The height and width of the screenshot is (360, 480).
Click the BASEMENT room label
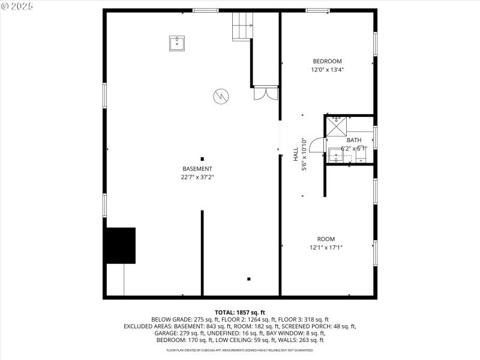pos(197,169)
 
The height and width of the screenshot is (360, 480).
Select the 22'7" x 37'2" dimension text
pos(197,177)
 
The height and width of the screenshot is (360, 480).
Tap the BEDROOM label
pos(327,61)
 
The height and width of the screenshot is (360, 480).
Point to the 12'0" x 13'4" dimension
pos(327,70)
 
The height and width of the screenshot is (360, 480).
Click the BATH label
pos(354,140)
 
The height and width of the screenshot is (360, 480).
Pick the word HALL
pos(296,154)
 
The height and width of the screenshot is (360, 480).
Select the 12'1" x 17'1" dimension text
pos(326,247)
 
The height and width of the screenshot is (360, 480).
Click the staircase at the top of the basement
pos(242,26)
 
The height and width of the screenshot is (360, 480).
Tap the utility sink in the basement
pos(176,43)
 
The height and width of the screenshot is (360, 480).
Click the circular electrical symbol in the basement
pos(220,95)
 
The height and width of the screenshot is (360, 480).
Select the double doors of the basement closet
pos(265,94)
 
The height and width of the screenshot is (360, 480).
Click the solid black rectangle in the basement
pos(121,245)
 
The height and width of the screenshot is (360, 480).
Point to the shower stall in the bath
pos(336,125)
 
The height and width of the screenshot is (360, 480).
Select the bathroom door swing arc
pos(318,146)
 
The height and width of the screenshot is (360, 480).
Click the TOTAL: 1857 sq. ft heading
pos(239,313)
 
